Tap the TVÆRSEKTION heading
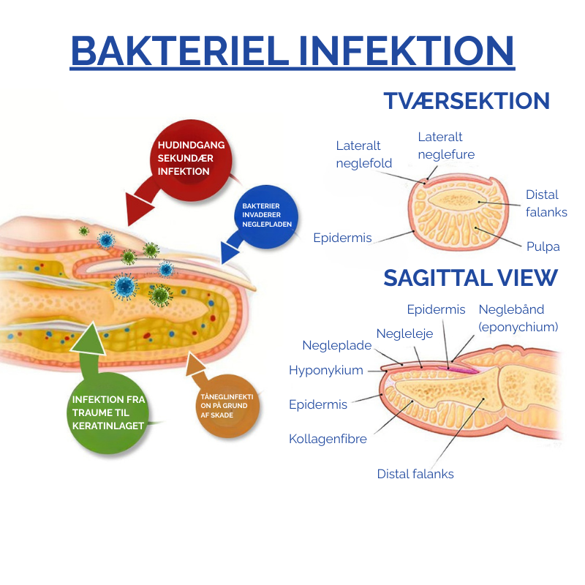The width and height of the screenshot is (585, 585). coord(467,101)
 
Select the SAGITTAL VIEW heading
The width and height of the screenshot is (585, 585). coord(470,278)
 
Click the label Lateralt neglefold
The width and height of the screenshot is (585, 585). coord(364,154)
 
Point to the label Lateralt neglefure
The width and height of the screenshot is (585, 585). coord(446,146)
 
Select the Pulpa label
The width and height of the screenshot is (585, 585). coord(543,246)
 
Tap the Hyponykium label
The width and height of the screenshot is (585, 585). coord(326,370)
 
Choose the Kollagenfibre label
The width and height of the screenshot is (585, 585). coord(328,439)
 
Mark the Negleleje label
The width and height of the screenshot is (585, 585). coord(404,333)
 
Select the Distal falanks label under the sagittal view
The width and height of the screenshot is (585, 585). coord(415,474)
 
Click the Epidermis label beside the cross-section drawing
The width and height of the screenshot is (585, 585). coord(342,238)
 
